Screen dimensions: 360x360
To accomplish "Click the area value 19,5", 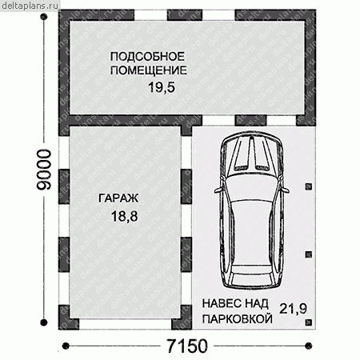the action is coord(162,87).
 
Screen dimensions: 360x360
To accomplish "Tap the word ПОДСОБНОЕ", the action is coord(147,57).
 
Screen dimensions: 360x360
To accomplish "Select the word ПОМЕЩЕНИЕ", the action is coord(149,70).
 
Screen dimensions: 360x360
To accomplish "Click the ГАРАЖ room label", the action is coord(118,198).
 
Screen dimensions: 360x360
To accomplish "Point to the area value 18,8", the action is coord(125,216).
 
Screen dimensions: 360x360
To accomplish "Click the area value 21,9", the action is coord(293,309).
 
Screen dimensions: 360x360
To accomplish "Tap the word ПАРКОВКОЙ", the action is coord(238,318).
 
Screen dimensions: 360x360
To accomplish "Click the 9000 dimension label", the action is coord(44,170).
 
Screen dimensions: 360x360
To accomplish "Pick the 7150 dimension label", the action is coord(187,346).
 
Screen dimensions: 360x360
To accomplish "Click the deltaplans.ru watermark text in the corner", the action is coord(30,6).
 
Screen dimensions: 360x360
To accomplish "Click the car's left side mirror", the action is coord(218,190).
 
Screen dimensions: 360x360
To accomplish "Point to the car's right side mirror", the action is coord(285,190).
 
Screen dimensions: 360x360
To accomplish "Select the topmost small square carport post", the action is coord(309,186).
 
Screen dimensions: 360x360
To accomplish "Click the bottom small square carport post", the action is coord(309,322).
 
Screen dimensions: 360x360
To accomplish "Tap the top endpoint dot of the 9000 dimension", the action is coord(44,17).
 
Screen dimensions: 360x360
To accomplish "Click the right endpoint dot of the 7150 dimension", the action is coord(309,346).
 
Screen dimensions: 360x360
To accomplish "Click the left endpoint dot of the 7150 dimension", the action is coord(66,346).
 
